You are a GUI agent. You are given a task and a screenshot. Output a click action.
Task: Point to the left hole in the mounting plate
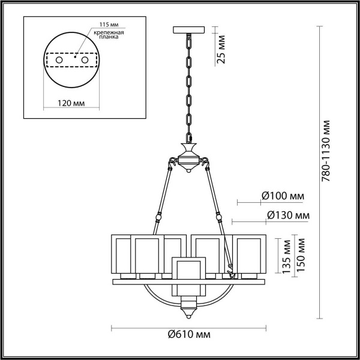pyautogui.click(x=59, y=61)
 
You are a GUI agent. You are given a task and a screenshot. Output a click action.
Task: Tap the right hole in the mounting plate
pyautogui.click(x=85, y=61)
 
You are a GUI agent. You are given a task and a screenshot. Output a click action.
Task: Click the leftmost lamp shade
pyautogui.click(x=122, y=255)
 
